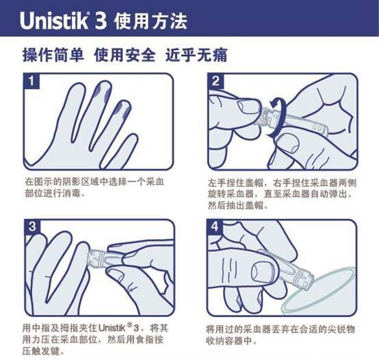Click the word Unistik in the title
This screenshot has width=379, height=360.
[53, 21]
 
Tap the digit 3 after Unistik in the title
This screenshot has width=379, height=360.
[101, 21]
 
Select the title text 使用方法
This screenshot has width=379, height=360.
[151, 21]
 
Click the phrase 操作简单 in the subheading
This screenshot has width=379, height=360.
[53, 55]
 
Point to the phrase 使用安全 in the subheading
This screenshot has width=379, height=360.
[125, 55]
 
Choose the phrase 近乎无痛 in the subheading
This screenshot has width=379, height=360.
[196, 55]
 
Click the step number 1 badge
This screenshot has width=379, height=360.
[31, 81]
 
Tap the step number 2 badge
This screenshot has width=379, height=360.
[215, 81]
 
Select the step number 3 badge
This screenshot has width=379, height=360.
[32, 227]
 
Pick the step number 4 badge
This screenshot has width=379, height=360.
[215, 227]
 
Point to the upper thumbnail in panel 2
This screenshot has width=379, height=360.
[246, 107]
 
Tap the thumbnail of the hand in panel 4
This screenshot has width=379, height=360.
[263, 272]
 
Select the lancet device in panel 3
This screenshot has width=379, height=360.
[105, 258]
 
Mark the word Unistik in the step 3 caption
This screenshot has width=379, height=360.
[112, 328]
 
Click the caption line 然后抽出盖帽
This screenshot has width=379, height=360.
[238, 205]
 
